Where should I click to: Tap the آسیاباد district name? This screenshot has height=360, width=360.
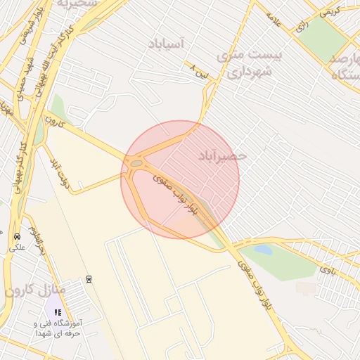pyautogui.click(x=166, y=44)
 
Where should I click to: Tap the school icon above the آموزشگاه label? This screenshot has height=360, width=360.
pyautogui.click(x=58, y=311)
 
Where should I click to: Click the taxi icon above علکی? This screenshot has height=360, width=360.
pyautogui.click(x=16, y=236)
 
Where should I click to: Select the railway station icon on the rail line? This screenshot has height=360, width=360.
pyautogui.click(x=89, y=278)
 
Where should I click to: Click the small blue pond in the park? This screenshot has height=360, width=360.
pyautogui.click(x=263, y=249)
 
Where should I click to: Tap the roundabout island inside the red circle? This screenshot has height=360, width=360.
pyautogui.click(x=135, y=165)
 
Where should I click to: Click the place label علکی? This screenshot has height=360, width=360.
pyautogui.click(x=16, y=247)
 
